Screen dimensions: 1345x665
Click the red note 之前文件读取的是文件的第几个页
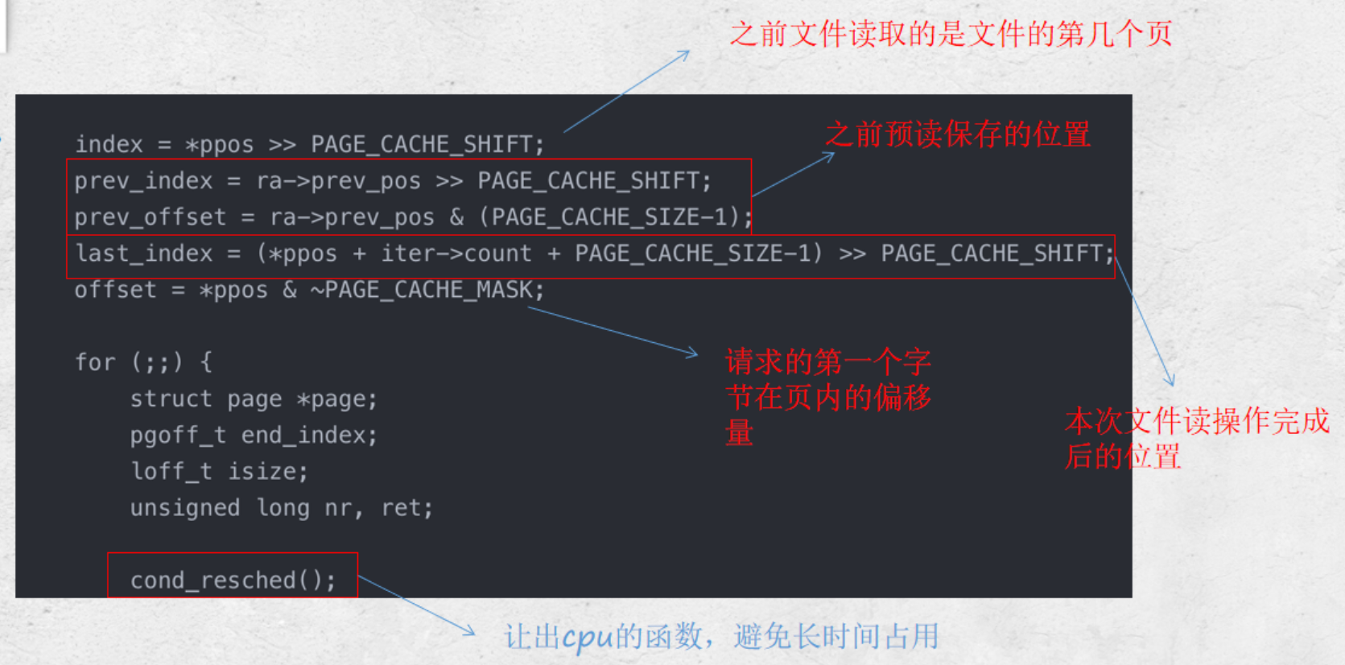(x=951, y=35)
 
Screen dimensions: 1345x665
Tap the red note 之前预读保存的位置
(x=958, y=134)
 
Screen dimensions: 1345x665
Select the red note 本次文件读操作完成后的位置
(x=1196, y=438)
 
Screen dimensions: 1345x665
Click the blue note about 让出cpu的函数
(x=721, y=636)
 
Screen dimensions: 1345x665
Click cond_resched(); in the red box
(x=233, y=580)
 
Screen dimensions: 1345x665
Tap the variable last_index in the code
(x=143, y=254)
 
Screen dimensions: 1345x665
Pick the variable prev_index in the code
(x=143, y=181)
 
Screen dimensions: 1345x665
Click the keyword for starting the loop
(x=95, y=362)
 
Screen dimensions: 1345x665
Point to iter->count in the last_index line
(x=456, y=254)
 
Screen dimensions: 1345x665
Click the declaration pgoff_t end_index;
(x=254, y=436)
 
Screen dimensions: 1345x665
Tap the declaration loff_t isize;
(x=219, y=472)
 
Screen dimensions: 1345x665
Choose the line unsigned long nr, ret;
(x=282, y=508)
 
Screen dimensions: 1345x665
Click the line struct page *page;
(x=254, y=399)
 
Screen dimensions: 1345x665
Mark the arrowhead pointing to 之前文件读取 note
(x=687, y=53)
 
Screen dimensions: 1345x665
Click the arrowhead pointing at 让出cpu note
(x=471, y=633)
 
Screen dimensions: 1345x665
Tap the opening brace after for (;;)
(x=206, y=362)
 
